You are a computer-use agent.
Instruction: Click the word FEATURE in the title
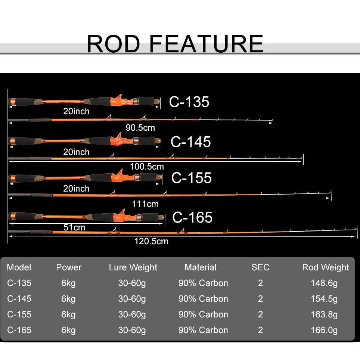click(x=207, y=44)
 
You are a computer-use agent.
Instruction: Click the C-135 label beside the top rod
click(x=189, y=102)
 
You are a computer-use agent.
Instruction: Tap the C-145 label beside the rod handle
click(x=190, y=142)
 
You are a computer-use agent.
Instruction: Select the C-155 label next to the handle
click(x=191, y=178)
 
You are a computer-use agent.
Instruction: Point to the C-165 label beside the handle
click(x=192, y=217)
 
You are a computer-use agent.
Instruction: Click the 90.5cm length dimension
click(x=140, y=128)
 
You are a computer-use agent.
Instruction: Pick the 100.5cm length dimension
click(x=147, y=167)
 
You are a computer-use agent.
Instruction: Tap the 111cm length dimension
click(x=145, y=204)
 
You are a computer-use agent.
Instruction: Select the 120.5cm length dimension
click(x=151, y=241)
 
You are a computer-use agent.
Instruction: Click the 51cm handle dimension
click(x=74, y=227)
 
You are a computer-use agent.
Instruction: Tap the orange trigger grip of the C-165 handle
click(x=121, y=216)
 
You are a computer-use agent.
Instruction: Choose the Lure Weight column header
click(x=133, y=267)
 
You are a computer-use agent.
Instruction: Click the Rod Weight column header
click(x=325, y=267)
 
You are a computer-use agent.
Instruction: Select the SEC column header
click(x=260, y=267)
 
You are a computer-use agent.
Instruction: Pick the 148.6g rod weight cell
click(x=324, y=283)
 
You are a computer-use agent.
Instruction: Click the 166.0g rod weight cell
click(x=324, y=330)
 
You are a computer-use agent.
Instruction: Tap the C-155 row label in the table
click(x=19, y=314)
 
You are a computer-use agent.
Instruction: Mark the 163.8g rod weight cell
click(x=324, y=314)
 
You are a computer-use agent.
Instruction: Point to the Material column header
click(x=201, y=267)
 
